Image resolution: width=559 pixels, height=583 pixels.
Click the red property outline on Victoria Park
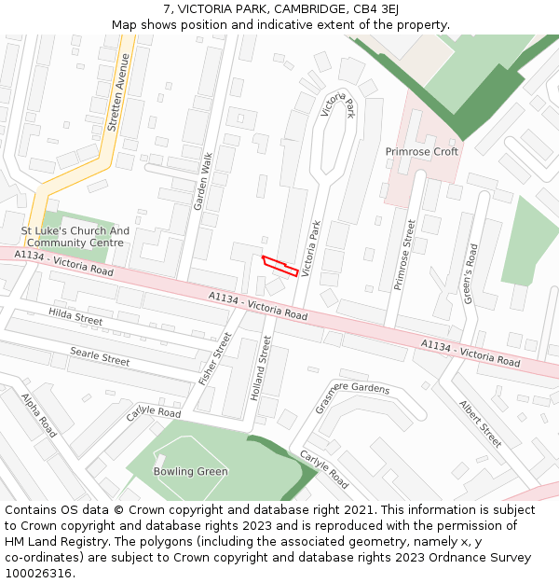(x=279, y=266)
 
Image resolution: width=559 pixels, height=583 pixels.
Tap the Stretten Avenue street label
(x=117, y=91)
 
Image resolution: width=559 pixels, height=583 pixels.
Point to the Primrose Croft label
(x=422, y=151)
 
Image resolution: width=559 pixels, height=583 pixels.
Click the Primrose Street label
(x=403, y=255)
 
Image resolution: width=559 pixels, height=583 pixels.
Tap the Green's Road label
(x=470, y=271)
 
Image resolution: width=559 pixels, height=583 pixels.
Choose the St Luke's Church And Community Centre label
(x=75, y=237)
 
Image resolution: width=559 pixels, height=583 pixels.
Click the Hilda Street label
(x=75, y=318)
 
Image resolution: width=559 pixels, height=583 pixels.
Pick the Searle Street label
(x=100, y=355)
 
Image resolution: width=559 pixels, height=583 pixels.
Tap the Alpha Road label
(x=39, y=415)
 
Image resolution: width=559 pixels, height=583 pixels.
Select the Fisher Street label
(x=215, y=359)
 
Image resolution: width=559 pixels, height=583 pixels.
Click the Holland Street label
(x=260, y=368)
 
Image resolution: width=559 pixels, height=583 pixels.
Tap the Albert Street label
(x=480, y=423)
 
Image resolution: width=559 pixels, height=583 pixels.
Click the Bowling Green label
(x=190, y=472)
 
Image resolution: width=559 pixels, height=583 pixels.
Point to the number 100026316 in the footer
(x=37, y=574)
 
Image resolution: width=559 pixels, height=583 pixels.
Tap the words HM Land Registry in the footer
(x=49, y=542)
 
